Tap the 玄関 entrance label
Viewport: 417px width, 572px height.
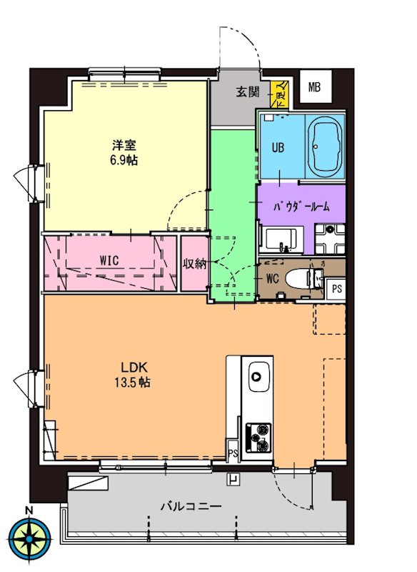[x=249, y=92]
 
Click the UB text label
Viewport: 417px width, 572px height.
[x=278, y=148]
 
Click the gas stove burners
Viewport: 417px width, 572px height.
[x=258, y=435]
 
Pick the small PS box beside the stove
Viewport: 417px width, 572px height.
[x=233, y=453]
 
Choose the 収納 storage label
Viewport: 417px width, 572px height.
[x=194, y=263]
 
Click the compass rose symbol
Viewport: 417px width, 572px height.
[x=30, y=537]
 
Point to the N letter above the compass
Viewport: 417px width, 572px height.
[x=29, y=510]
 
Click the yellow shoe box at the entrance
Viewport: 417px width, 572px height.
[x=280, y=94]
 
